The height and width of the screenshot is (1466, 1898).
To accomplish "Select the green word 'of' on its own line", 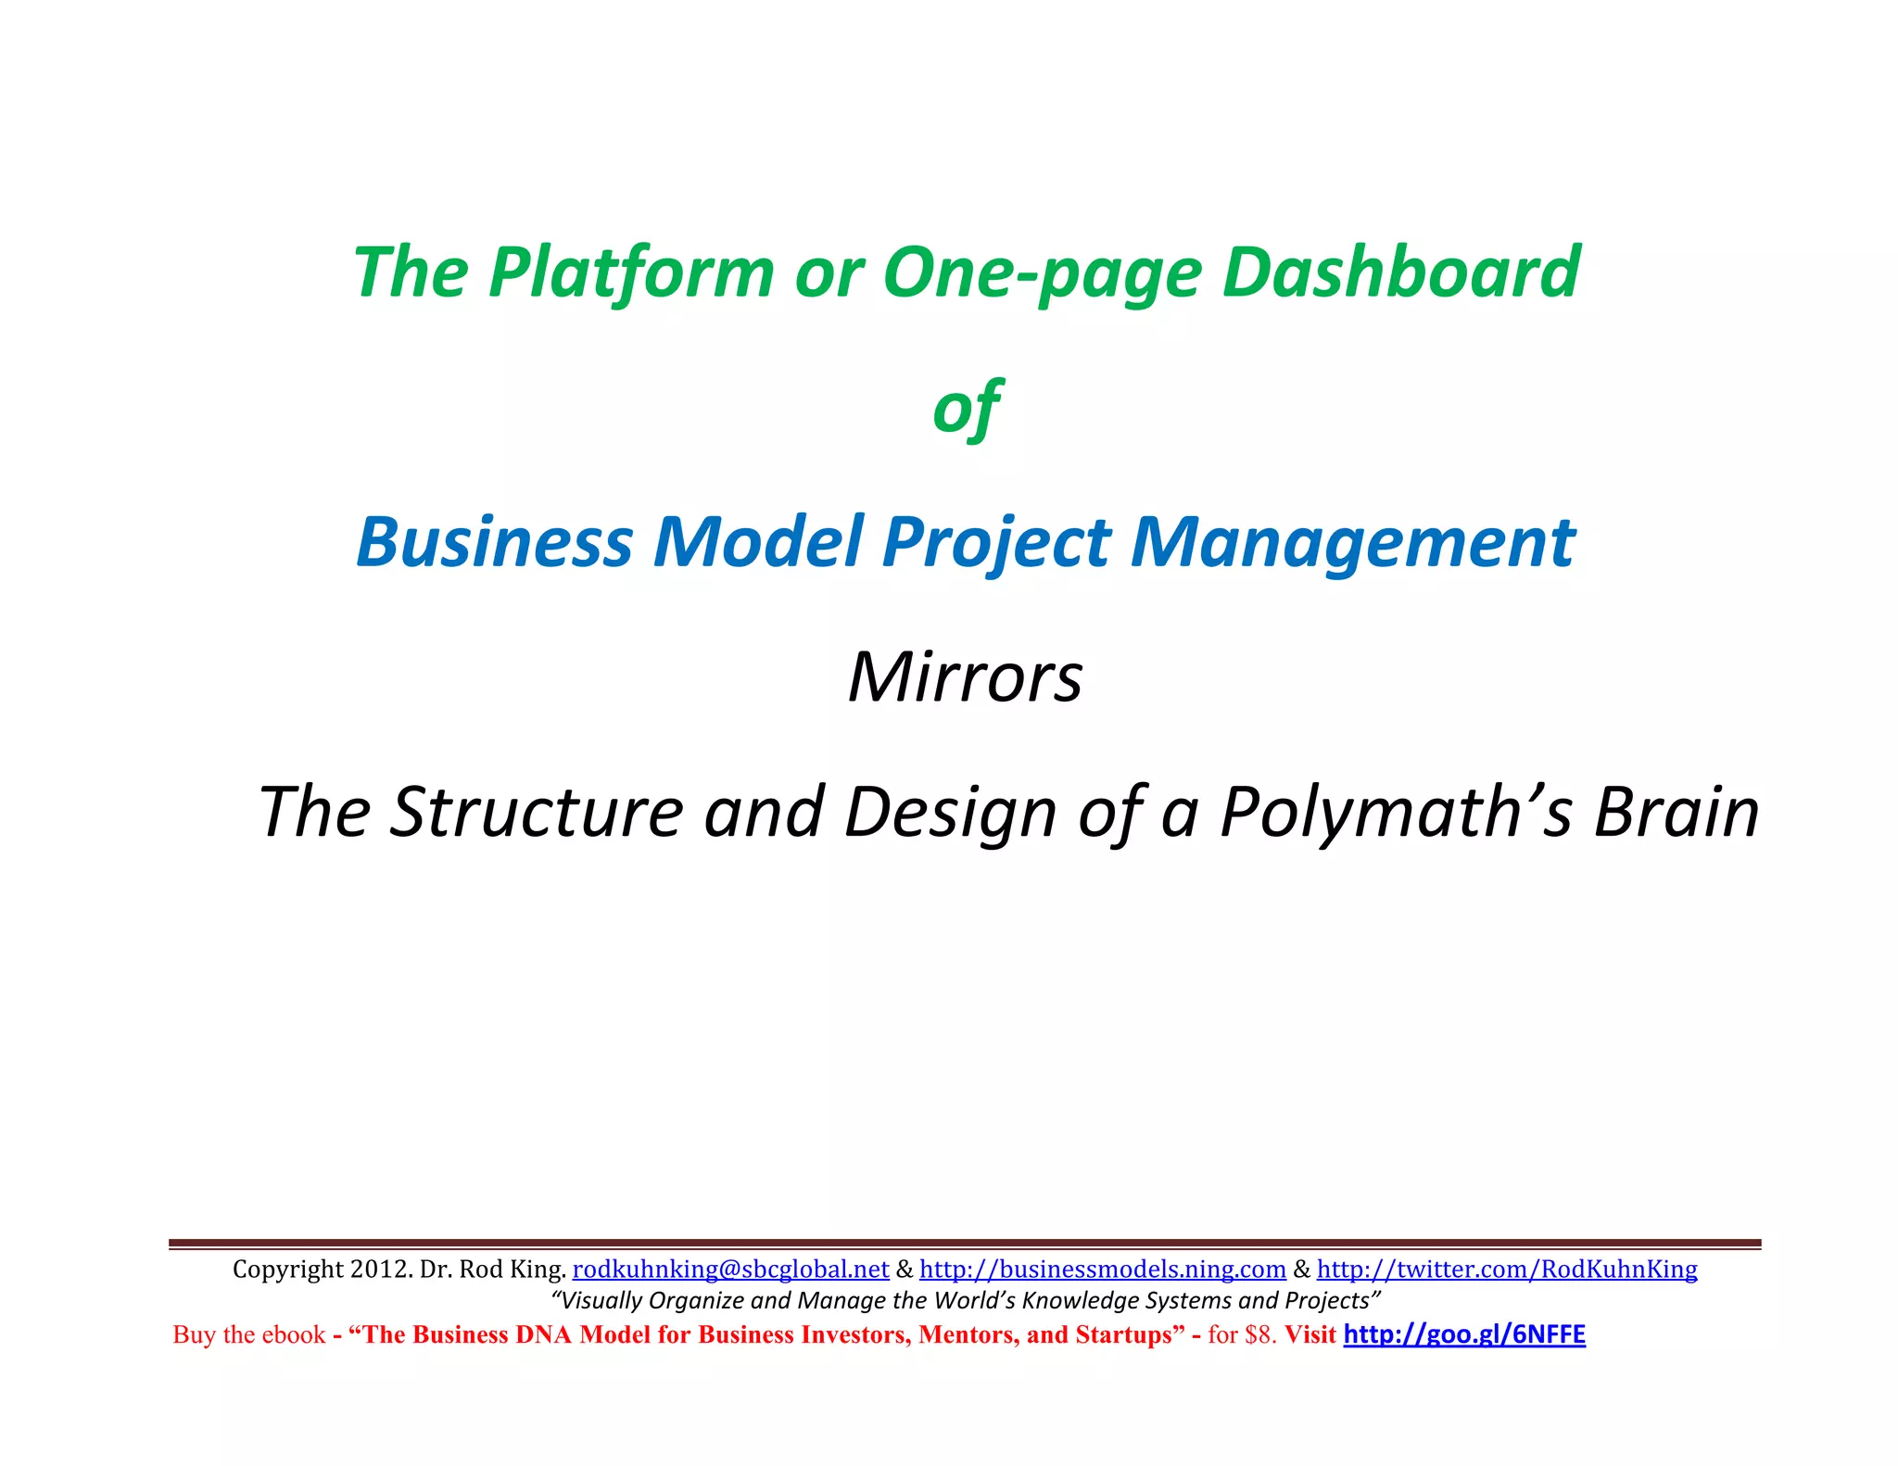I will [966, 408].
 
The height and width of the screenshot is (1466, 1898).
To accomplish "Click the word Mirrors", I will [965, 676].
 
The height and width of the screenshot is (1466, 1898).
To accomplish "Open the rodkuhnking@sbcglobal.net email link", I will [730, 1269].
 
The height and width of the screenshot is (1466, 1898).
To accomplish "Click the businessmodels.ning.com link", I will [1102, 1269].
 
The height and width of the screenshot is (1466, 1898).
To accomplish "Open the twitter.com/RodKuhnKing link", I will [1507, 1269].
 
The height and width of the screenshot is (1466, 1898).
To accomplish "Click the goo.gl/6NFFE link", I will [1464, 1334].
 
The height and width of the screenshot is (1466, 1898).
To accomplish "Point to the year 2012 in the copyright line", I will [378, 1269].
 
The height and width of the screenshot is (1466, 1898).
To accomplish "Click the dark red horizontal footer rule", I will [964, 1243].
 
